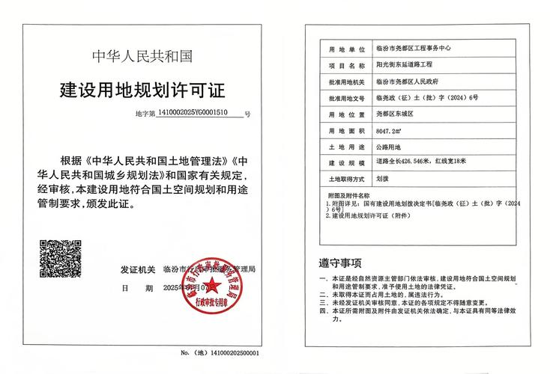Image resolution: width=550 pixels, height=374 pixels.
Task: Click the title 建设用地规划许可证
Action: pos(142,91)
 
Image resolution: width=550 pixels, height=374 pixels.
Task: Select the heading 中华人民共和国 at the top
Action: pos(142,56)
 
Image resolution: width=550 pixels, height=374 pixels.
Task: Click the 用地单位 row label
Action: pos(345,49)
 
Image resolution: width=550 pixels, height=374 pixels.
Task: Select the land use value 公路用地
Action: pos(388,147)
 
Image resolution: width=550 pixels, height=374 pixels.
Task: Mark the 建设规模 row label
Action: pos(345,163)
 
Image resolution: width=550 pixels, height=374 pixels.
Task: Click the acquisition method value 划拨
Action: pos(382,180)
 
